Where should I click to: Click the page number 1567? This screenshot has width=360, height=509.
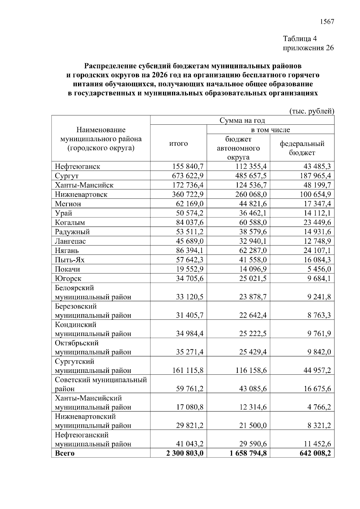tap(327, 22)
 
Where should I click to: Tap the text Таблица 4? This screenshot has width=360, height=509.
tap(300, 39)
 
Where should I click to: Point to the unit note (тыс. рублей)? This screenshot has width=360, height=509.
tap(311, 111)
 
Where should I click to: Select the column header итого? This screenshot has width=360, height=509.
tap(178, 144)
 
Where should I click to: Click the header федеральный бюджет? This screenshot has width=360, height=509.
tap(302, 148)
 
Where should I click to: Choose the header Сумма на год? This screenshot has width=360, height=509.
tap(242, 120)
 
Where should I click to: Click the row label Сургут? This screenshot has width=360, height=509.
tap(67, 176)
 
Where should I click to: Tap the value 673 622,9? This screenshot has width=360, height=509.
tap(188, 176)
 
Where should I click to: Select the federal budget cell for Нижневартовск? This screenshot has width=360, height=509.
tap(315, 194)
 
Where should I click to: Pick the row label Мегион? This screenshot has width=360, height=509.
tap(68, 204)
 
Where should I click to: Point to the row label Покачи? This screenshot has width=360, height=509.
tap(67, 269)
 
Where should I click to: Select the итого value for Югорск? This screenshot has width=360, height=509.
tap(190, 278)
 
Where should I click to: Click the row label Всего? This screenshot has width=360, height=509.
tap(64, 453)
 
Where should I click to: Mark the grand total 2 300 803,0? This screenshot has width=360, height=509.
tap(185, 453)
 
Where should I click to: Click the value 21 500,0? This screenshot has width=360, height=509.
tap(253, 426)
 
